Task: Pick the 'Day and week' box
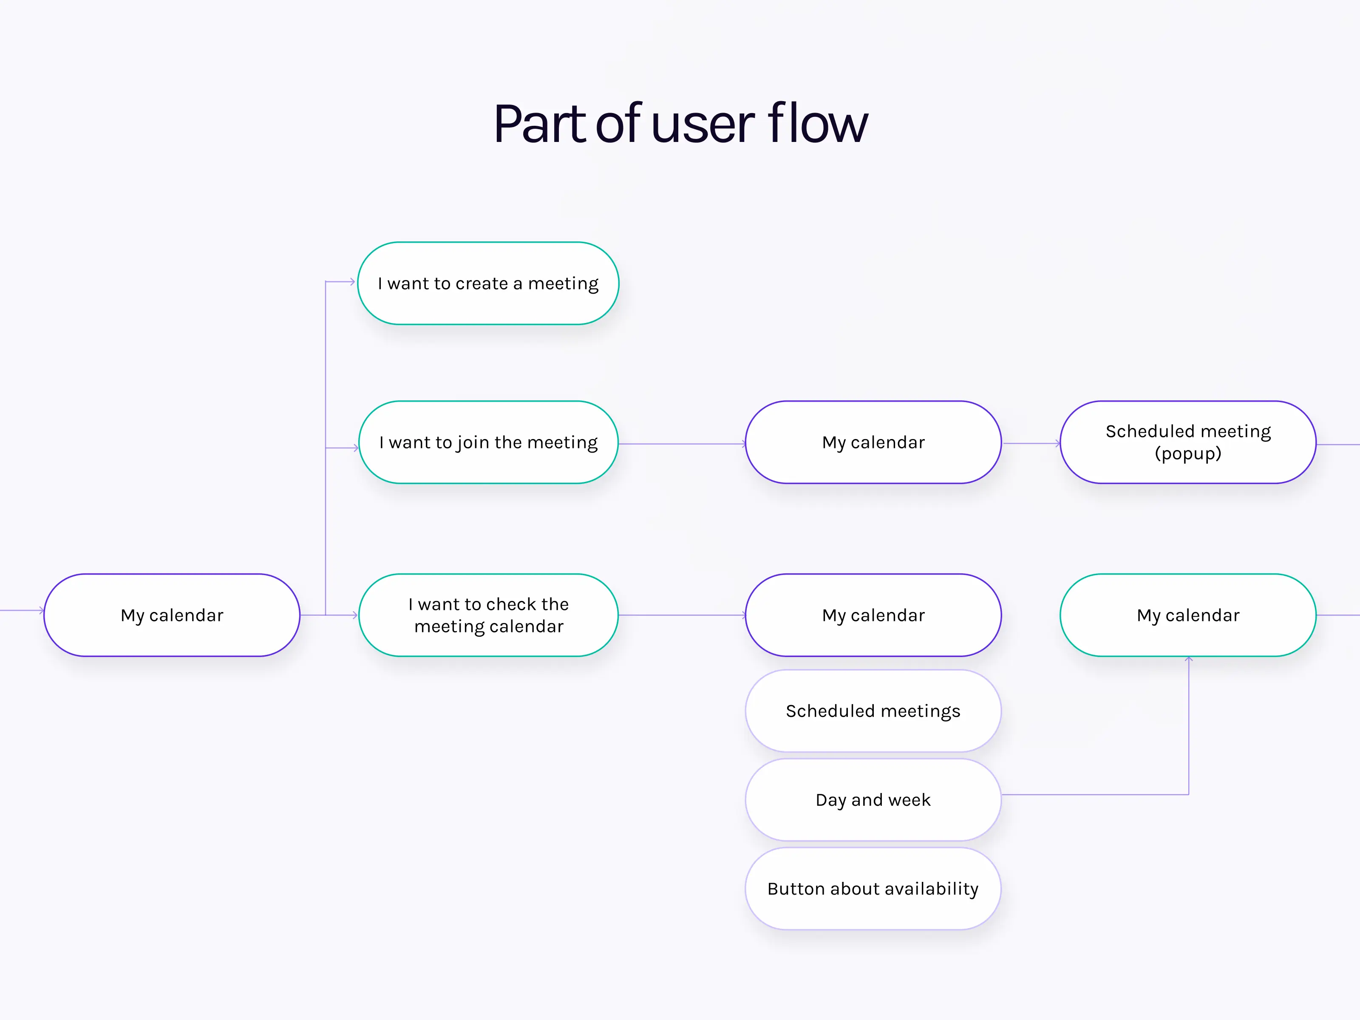point(873,799)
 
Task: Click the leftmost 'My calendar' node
point(172,615)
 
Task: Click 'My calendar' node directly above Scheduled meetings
point(873,615)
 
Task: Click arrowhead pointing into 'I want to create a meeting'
point(352,282)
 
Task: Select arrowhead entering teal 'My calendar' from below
point(1188,659)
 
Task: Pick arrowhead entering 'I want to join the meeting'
point(355,448)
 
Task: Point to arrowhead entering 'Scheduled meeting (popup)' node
point(1057,443)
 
